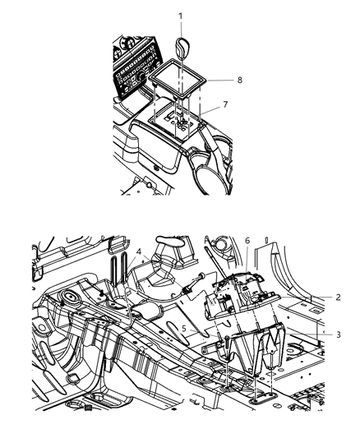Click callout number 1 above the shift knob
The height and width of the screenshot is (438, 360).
pyautogui.click(x=182, y=14)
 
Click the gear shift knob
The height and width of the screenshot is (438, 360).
pyautogui.click(x=182, y=46)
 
